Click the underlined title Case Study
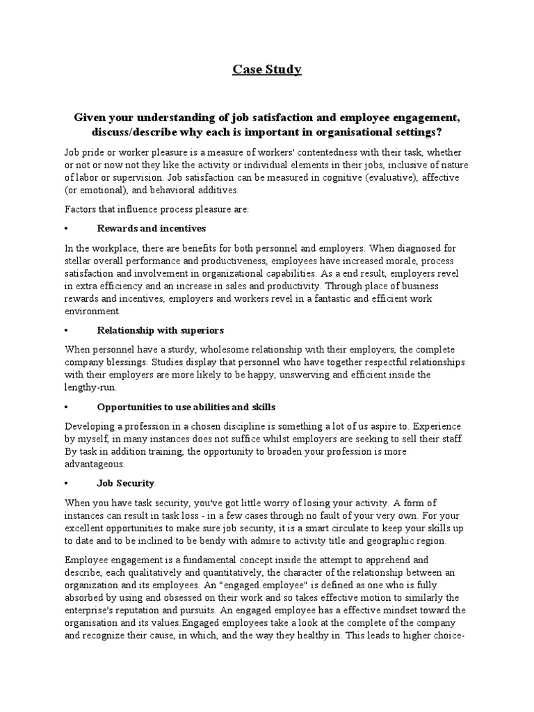267,70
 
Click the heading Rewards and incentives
152,228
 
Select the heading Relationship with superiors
161,330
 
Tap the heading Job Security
126,483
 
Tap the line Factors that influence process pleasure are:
151,209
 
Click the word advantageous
95,464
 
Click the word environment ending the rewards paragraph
92,311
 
